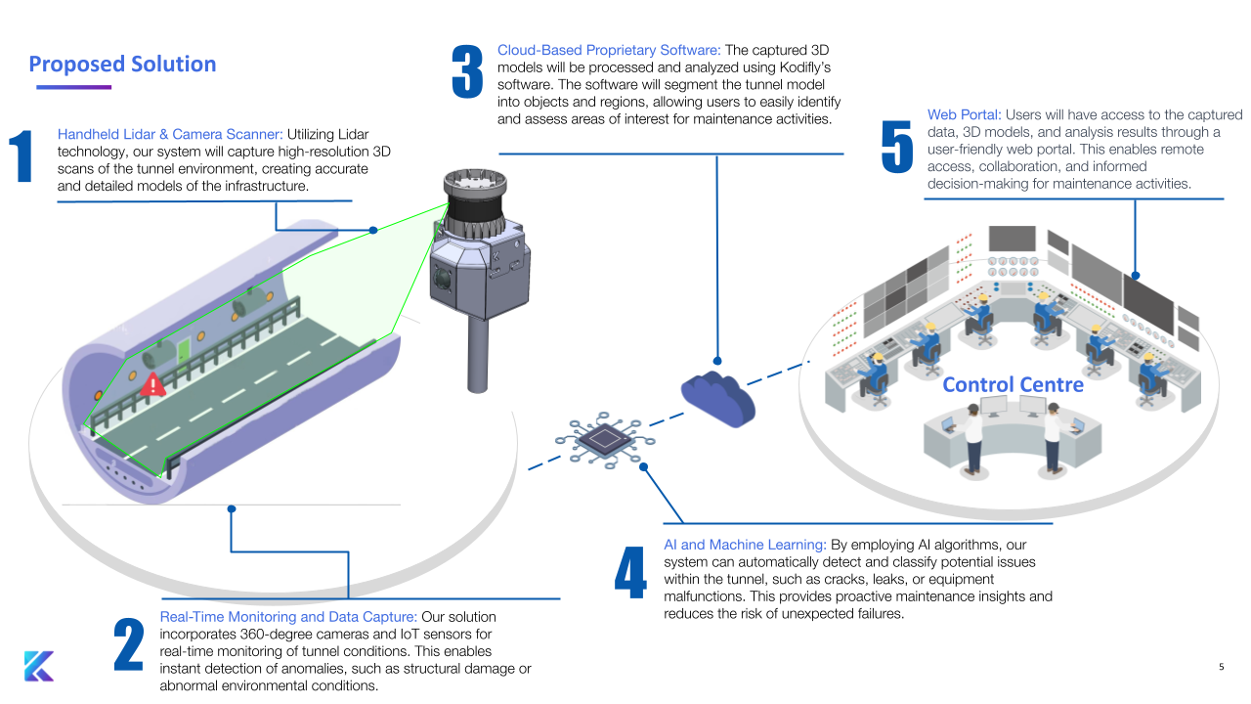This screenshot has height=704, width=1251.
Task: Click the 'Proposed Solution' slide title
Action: click(122, 65)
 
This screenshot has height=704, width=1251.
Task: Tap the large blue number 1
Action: click(22, 156)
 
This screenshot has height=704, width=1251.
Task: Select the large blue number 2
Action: click(128, 644)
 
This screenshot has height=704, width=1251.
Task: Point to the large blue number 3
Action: click(467, 71)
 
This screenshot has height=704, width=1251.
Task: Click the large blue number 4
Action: click(630, 572)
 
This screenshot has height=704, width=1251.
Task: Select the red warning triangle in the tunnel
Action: click(152, 384)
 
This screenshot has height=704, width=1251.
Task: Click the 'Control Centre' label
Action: click(1013, 384)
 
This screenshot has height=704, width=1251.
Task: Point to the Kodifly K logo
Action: click(38, 666)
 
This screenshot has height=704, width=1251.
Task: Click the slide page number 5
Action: click(1221, 667)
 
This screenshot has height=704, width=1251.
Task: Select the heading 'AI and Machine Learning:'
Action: click(745, 544)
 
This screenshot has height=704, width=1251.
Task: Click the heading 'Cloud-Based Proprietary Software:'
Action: click(609, 49)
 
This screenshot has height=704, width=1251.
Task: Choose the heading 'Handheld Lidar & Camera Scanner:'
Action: click(170, 134)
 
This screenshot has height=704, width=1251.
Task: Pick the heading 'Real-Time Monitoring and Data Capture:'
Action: click(288, 617)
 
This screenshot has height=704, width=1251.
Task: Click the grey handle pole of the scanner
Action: click(479, 352)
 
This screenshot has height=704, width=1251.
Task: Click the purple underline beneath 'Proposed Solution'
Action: click(73, 87)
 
